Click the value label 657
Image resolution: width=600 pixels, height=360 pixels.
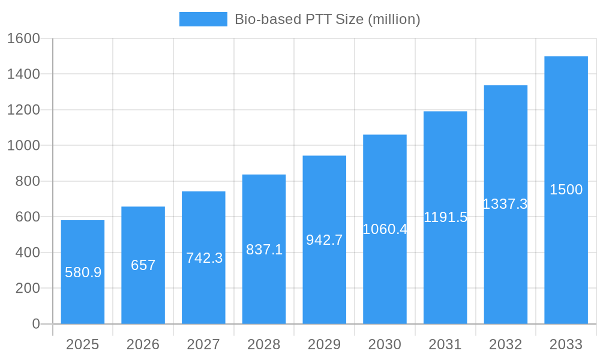(x=143, y=265)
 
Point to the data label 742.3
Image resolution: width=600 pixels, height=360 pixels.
(x=204, y=258)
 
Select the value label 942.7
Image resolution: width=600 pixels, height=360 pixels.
(x=325, y=240)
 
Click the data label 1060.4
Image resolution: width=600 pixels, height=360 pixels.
(x=385, y=229)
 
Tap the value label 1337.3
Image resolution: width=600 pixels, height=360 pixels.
(x=505, y=204)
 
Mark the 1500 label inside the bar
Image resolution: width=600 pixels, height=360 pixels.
(x=566, y=190)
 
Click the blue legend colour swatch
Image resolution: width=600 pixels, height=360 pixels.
(x=203, y=19)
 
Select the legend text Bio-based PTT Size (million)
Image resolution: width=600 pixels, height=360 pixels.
(x=327, y=19)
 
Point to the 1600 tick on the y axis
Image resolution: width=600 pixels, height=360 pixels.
(x=23, y=38)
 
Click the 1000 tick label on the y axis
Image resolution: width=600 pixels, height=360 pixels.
(x=23, y=146)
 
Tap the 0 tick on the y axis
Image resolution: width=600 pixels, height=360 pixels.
(x=35, y=324)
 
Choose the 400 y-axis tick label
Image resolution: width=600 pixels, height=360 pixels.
(x=28, y=253)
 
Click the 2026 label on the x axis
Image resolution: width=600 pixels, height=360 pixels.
(x=143, y=344)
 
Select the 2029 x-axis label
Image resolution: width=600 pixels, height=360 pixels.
(x=325, y=344)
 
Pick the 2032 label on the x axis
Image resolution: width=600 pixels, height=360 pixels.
(x=505, y=344)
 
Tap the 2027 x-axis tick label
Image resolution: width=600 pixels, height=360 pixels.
(x=203, y=344)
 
